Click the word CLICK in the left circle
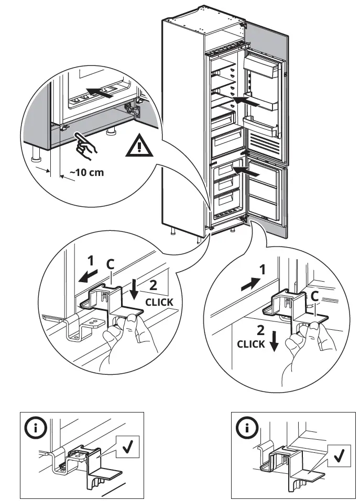click(159, 302)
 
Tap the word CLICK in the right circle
click(251, 344)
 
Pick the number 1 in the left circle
click(90, 260)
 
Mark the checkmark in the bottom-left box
click(128, 448)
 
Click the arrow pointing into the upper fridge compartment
click(245, 101)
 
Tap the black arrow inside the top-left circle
click(101, 94)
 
